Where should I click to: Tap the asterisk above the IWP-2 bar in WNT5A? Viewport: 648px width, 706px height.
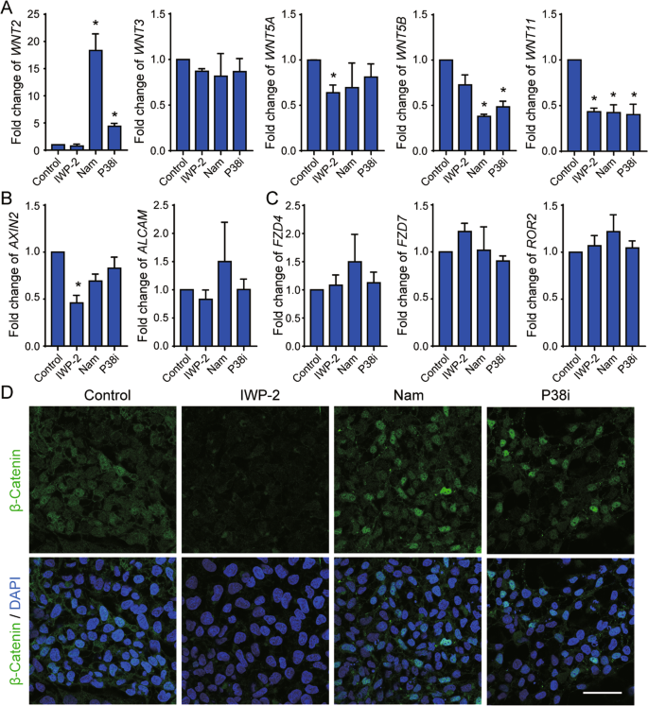coord(332,76)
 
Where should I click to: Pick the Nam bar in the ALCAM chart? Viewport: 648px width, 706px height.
coord(223,304)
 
